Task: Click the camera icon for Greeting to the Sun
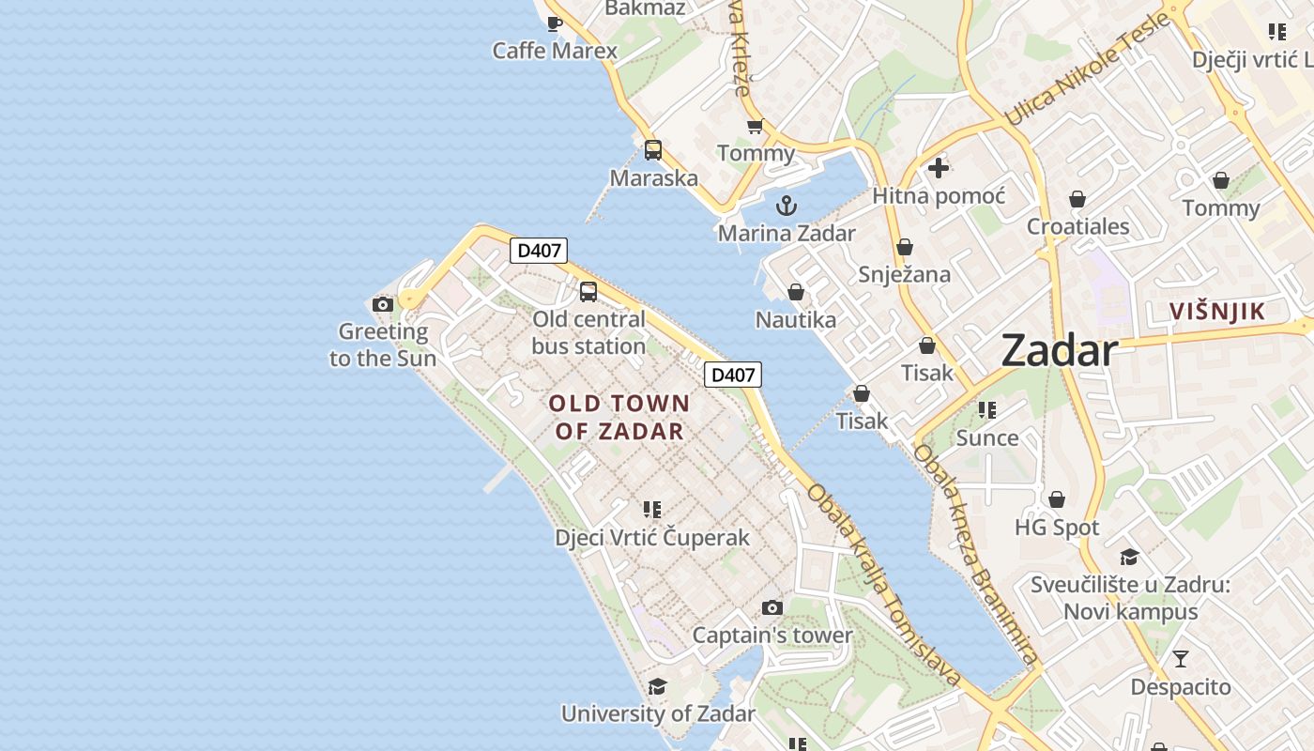click(382, 304)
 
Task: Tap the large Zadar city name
click(1059, 351)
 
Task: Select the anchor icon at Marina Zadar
click(787, 206)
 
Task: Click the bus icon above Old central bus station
click(588, 292)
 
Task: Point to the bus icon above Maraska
click(653, 150)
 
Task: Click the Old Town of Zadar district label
click(619, 418)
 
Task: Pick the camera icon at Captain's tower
click(772, 608)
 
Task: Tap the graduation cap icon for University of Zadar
click(658, 686)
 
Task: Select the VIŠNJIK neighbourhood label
click(1217, 312)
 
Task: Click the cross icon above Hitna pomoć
click(939, 169)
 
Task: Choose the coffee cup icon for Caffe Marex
click(555, 23)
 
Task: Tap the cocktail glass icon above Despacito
click(1180, 659)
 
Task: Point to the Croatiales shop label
click(1077, 226)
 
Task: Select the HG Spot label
click(1057, 528)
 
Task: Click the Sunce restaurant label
click(987, 437)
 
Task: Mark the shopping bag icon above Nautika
click(796, 293)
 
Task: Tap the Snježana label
click(904, 275)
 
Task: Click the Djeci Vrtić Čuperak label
click(652, 538)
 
